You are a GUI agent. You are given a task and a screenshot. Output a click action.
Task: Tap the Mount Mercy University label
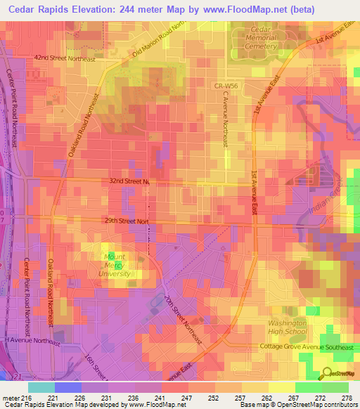pyautogui.click(x=114, y=265)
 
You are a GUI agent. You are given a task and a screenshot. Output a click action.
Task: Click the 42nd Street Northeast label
pyautogui.click(x=64, y=59)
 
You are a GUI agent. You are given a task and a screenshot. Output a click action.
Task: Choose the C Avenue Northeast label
pyautogui.click(x=226, y=119)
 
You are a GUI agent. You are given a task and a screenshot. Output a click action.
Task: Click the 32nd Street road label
pyautogui.click(x=129, y=181)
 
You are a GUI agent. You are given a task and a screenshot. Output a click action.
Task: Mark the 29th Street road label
pyautogui.click(x=126, y=221)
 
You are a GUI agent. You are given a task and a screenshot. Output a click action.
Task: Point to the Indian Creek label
pyautogui.click(x=335, y=195)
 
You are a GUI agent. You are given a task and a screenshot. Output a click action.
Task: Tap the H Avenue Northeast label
pyautogui.click(x=35, y=340)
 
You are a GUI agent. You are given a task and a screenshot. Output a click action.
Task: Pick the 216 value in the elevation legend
pyautogui.click(x=22, y=398)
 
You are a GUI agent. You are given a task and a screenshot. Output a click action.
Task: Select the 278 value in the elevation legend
pyautogui.click(x=347, y=398)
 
